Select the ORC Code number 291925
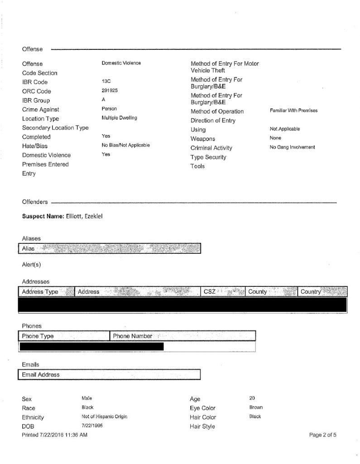110,91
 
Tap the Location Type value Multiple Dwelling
120,118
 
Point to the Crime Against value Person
109,109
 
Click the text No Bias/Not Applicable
125,145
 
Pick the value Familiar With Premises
293,111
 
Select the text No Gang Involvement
292,147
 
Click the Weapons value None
275,138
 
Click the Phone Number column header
132,336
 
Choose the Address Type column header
40,292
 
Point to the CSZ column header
210,292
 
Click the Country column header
311,292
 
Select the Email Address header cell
41,375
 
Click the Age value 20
252,398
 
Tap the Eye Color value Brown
256,407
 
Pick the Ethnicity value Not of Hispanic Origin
104,416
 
